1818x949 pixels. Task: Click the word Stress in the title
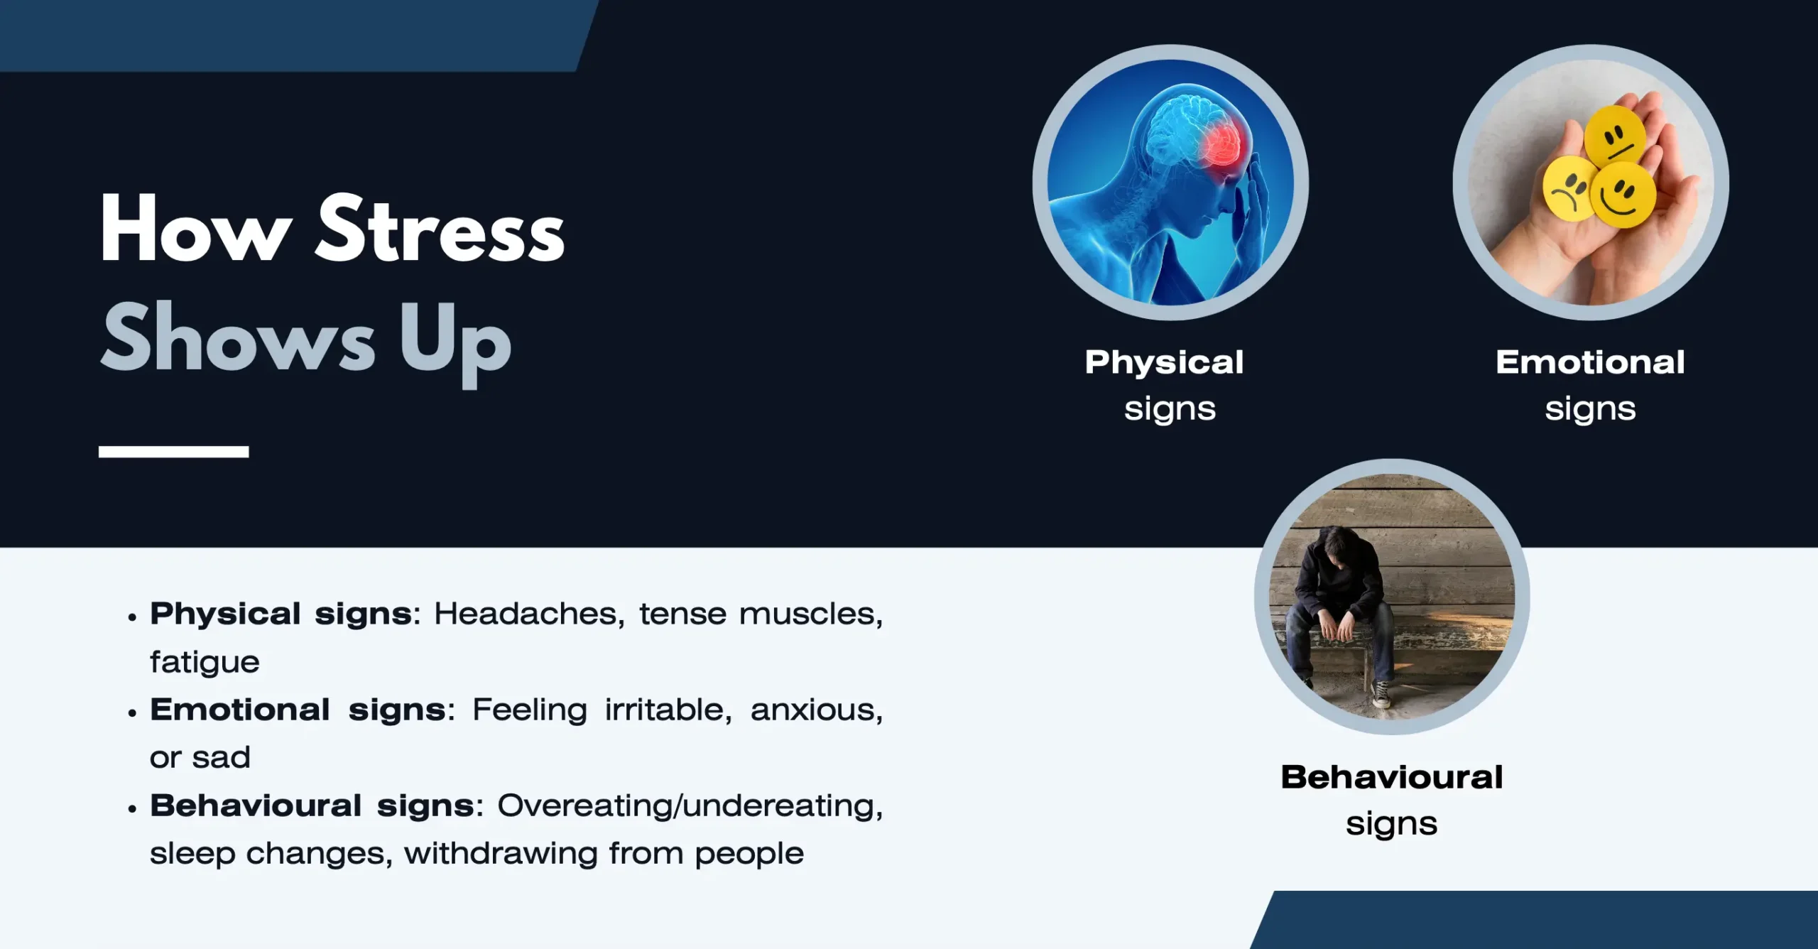point(440,229)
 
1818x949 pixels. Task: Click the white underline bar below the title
point(174,452)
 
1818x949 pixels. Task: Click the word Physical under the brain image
point(1165,364)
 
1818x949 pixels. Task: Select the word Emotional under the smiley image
point(1591,362)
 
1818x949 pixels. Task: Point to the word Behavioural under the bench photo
point(1392,777)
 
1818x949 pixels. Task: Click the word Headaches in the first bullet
point(530,614)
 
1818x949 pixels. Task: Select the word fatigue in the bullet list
point(205,663)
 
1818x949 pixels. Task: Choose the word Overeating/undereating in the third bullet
point(690,806)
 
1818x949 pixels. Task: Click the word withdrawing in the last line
point(501,854)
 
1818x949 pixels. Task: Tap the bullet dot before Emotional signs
point(132,713)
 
